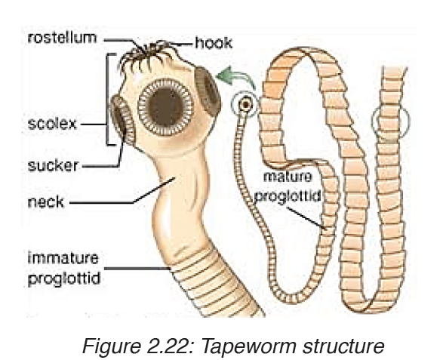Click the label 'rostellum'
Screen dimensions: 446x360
[x=63, y=38]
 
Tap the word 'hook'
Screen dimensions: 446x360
[x=214, y=43]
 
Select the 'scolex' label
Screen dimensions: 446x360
[x=52, y=124]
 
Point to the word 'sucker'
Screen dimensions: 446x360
[x=53, y=165]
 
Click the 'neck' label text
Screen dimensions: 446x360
[x=45, y=202]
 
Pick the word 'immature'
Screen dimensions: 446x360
[x=63, y=258]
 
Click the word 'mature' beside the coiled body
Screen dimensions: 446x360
[x=288, y=177]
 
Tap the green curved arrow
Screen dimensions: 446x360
[x=236, y=75]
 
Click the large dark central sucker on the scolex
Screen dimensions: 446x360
[x=165, y=106]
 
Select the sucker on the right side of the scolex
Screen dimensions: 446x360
[x=208, y=91]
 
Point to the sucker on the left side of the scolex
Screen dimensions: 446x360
[x=122, y=120]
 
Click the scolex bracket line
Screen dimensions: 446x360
[x=107, y=100]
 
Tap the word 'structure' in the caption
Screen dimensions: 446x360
[x=343, y=346]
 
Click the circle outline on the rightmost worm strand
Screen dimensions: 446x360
[x=372, y=122]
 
